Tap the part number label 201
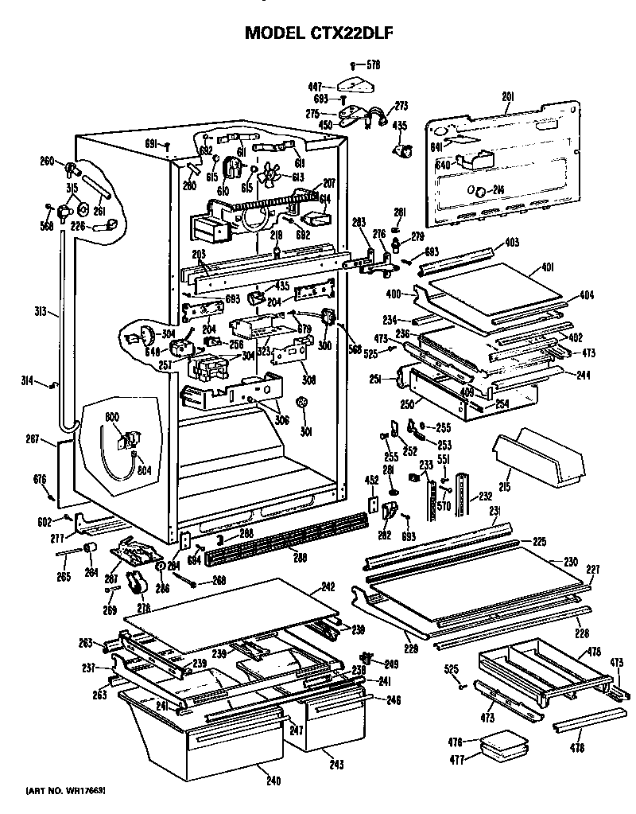click(x=506, y=97)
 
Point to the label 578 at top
click(x=374, y=63)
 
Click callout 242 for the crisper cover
click(x=328, y=589)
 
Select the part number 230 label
click(x=571, y=562)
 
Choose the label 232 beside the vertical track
click(x=484, y=496)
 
